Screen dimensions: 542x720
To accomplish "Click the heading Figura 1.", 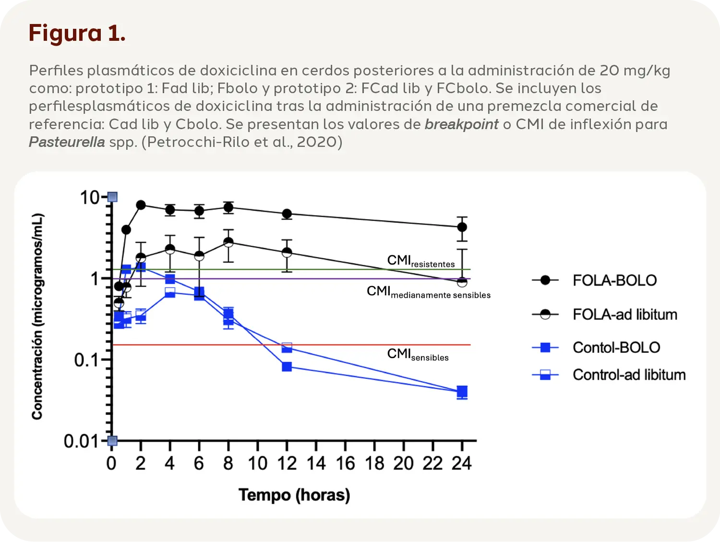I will [77, 34].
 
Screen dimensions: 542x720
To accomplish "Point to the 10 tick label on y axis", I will [89, 197].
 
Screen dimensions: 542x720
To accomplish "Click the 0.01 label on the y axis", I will [81, 441].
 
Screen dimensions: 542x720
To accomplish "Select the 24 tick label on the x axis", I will [462, 464].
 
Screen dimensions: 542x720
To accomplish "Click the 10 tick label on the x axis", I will [257, 464].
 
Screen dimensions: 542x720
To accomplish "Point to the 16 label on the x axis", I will [345, 464].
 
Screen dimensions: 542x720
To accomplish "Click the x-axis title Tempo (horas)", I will [294, 495].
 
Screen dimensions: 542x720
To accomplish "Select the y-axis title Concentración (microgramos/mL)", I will [37, 317].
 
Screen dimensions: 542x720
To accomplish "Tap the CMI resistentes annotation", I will [420, 261].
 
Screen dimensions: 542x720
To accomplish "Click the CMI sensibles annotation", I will [418, 355].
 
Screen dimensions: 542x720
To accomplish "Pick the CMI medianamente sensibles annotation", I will [428, 292].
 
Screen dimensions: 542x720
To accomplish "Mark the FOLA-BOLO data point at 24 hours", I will [462, 227].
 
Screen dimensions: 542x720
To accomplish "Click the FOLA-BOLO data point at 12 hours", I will [287, 214].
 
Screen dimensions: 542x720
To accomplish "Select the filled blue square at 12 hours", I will [287, 367].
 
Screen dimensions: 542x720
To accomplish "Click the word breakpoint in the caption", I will [461, 124].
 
